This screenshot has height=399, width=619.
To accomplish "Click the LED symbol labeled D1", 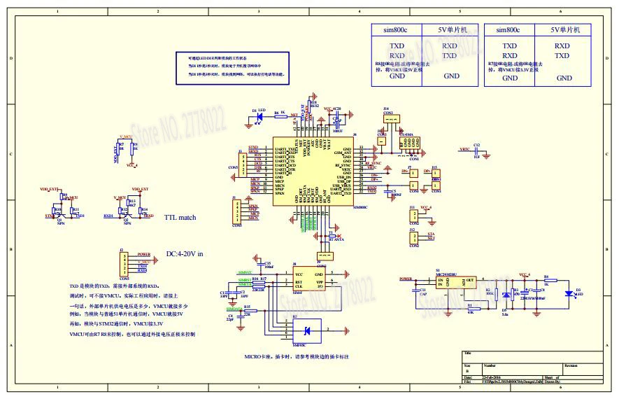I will coord(258,115).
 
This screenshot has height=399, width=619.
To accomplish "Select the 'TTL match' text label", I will coord(180,218).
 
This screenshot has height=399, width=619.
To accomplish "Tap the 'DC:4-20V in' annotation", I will coord(184,254).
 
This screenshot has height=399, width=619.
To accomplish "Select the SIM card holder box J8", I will coord(308,281).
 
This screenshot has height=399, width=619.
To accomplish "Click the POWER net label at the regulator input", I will coord(406,278).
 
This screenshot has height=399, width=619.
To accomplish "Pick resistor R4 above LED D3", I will coord(546,280).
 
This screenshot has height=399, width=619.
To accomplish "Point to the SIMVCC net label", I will coord(245,272).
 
